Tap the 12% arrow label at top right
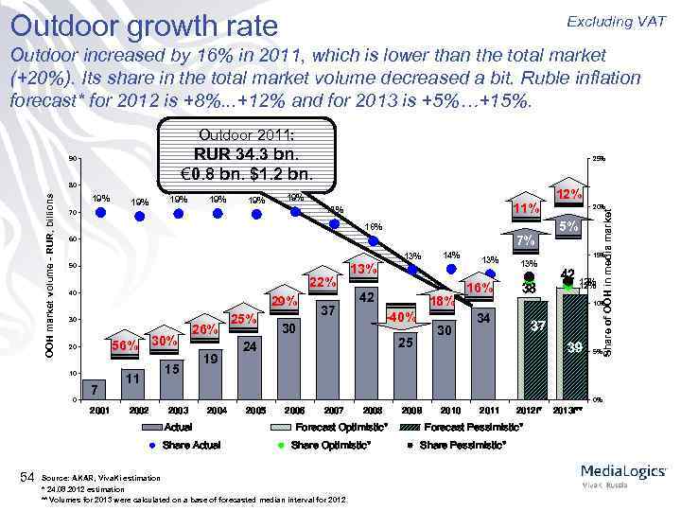tap(568, 194)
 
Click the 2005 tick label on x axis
tap(253, 411)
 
